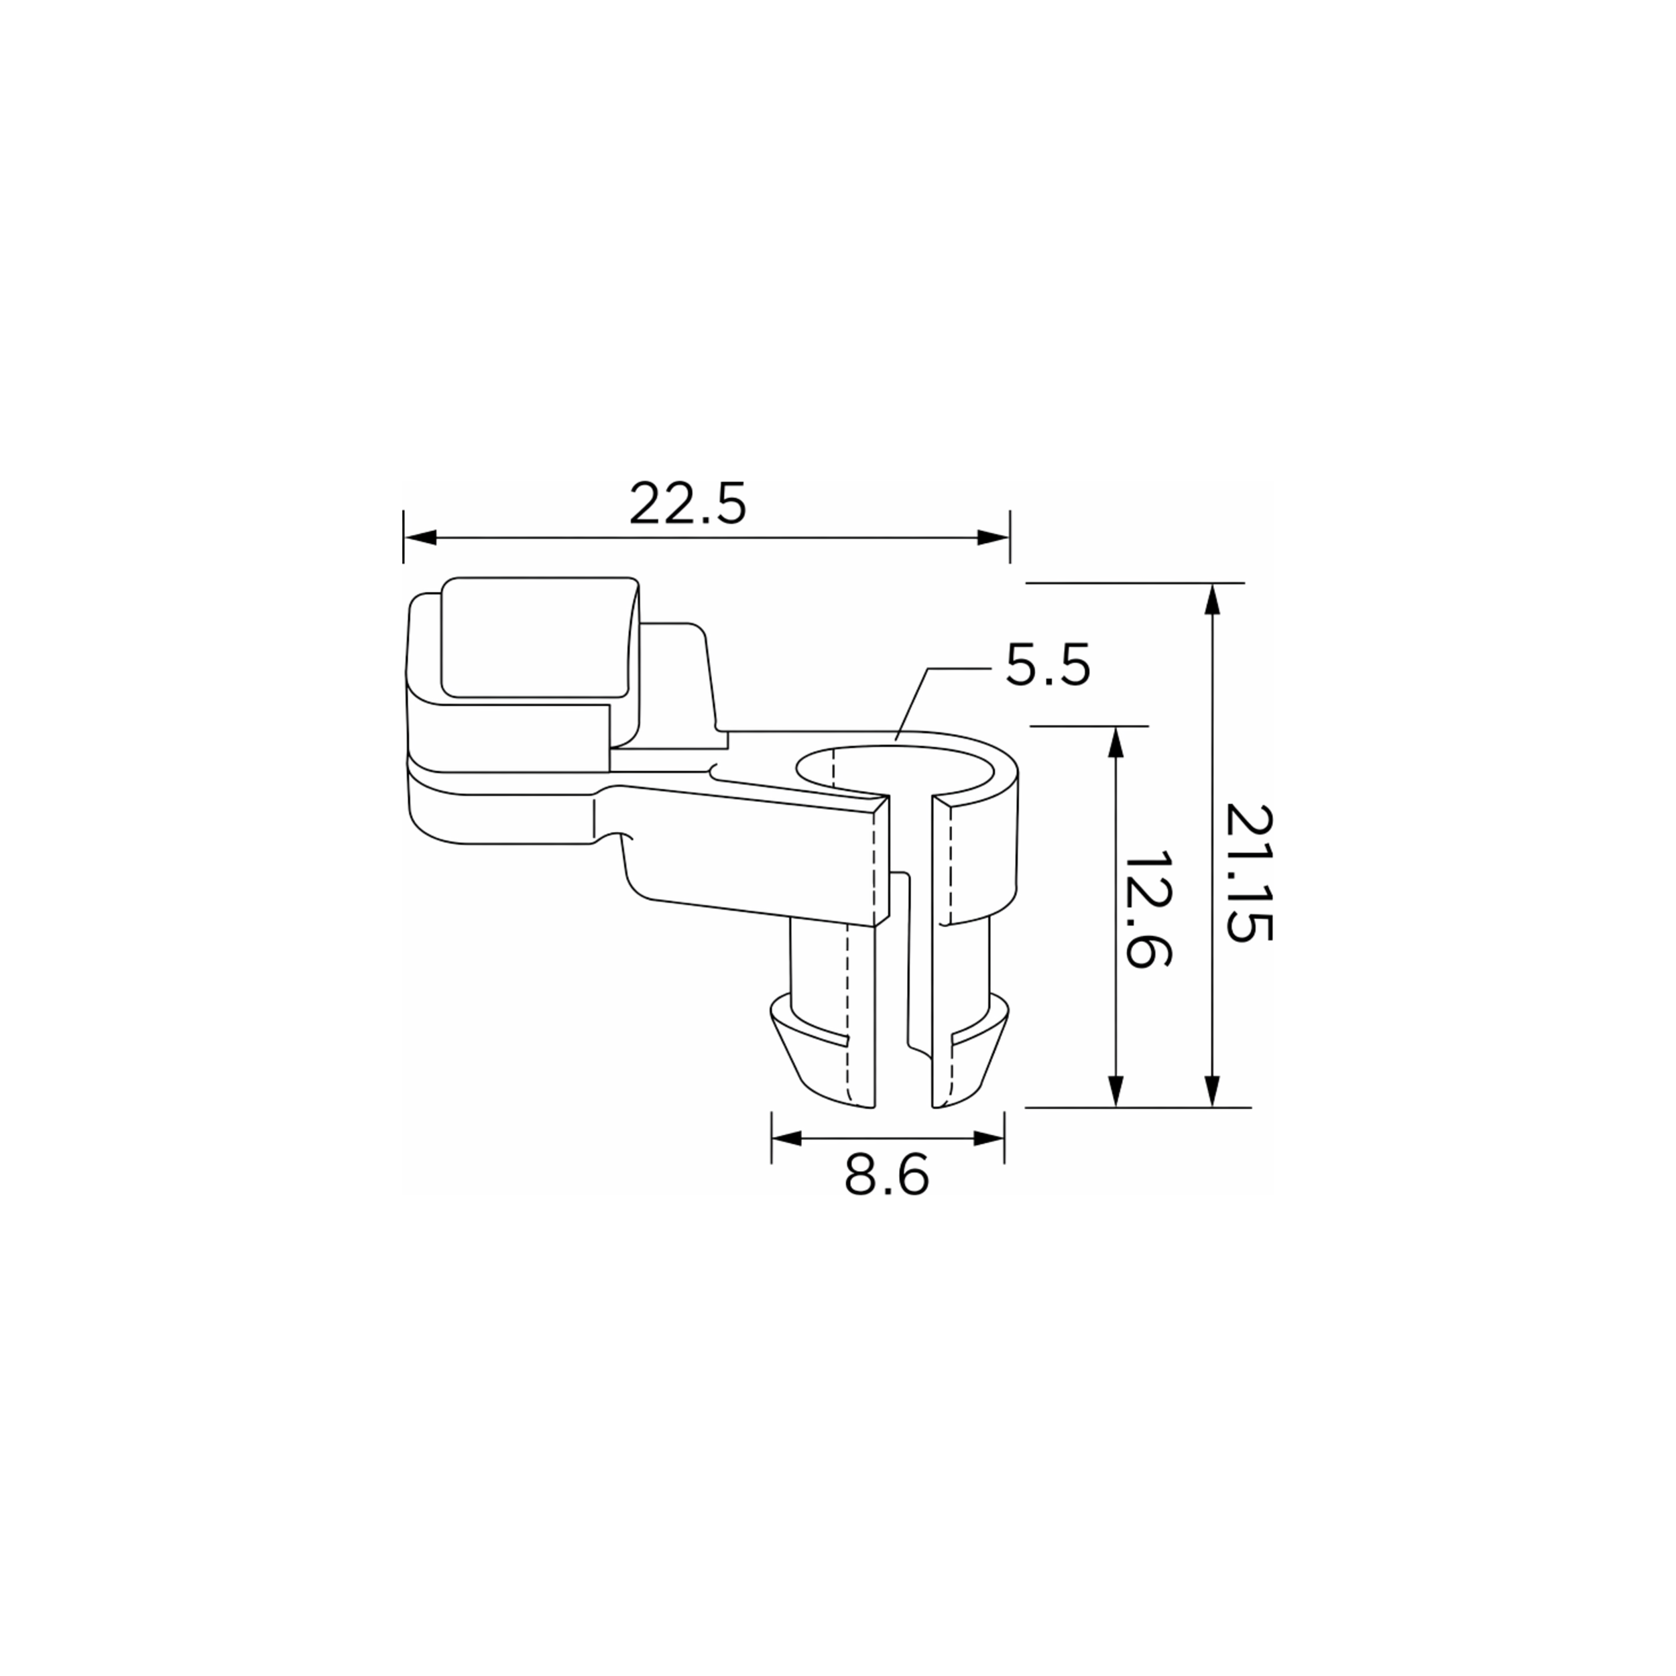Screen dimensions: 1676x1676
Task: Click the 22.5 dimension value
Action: tap(687, 504)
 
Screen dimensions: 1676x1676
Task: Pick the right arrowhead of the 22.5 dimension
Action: tap(994, 538)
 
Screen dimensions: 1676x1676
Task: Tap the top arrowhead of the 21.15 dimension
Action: tap(1213, 599)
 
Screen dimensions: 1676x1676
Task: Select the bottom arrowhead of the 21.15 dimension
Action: tap(1213, 1091)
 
